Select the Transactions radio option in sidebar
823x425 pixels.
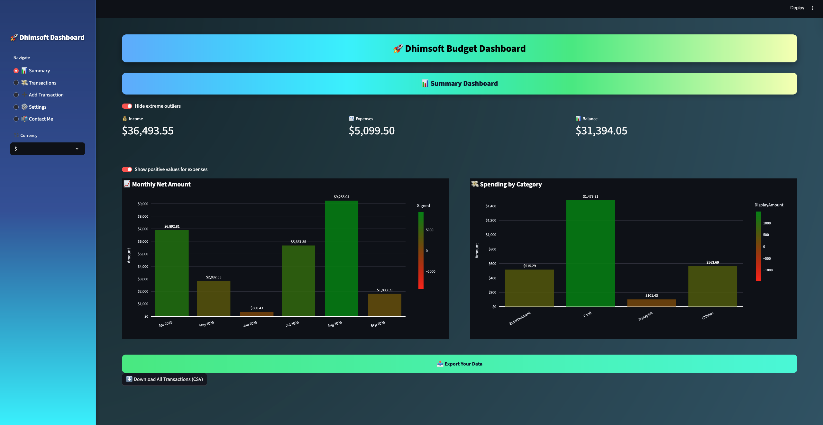(x=16, y=83)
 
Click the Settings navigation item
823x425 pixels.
(x=37, y=107)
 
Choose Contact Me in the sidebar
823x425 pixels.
(x=41, y=119)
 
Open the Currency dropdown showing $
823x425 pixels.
(x=48, y=149)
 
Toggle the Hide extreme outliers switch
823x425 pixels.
(x=127, y=106)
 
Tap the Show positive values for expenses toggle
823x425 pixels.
(x=127, y=169)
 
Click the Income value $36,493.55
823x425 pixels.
(x=148, y=131)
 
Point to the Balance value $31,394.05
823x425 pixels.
(x=601, y=131)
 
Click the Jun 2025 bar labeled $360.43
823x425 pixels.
(x=257, y=314)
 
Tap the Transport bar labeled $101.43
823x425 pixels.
(x=651, y=303)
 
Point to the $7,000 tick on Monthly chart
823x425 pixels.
(x=143, y=229)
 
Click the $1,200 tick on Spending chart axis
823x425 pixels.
(x=491, y=221)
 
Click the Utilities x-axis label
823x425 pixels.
(x=708, y=315)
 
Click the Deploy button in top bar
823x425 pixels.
(x=797, y=8)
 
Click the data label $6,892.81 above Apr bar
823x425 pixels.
(x=172, y=226)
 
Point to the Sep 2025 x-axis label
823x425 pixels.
(x=378, y=324)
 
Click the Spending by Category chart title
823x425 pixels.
(x=510, y=185)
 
